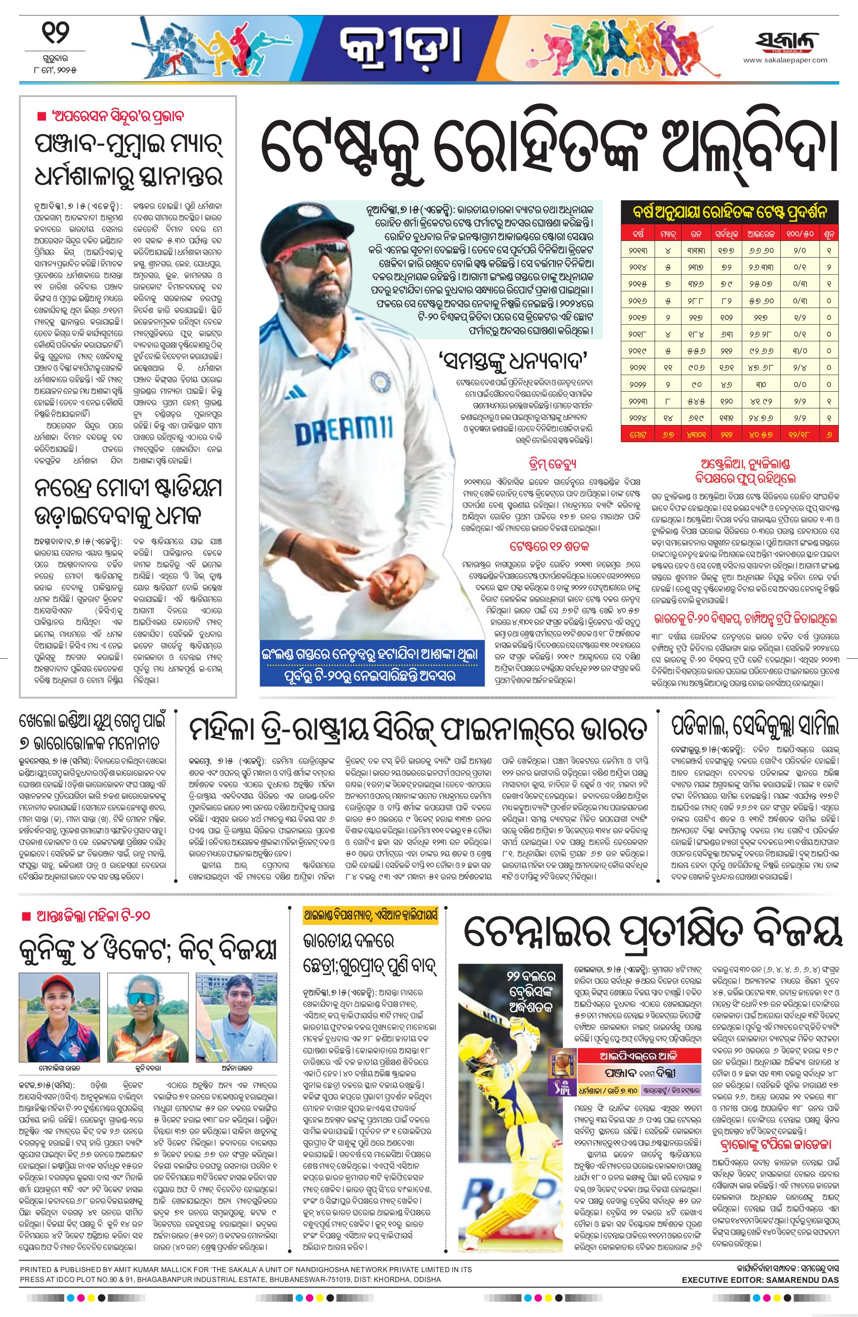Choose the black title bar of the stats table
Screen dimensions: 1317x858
click(729, 211)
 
